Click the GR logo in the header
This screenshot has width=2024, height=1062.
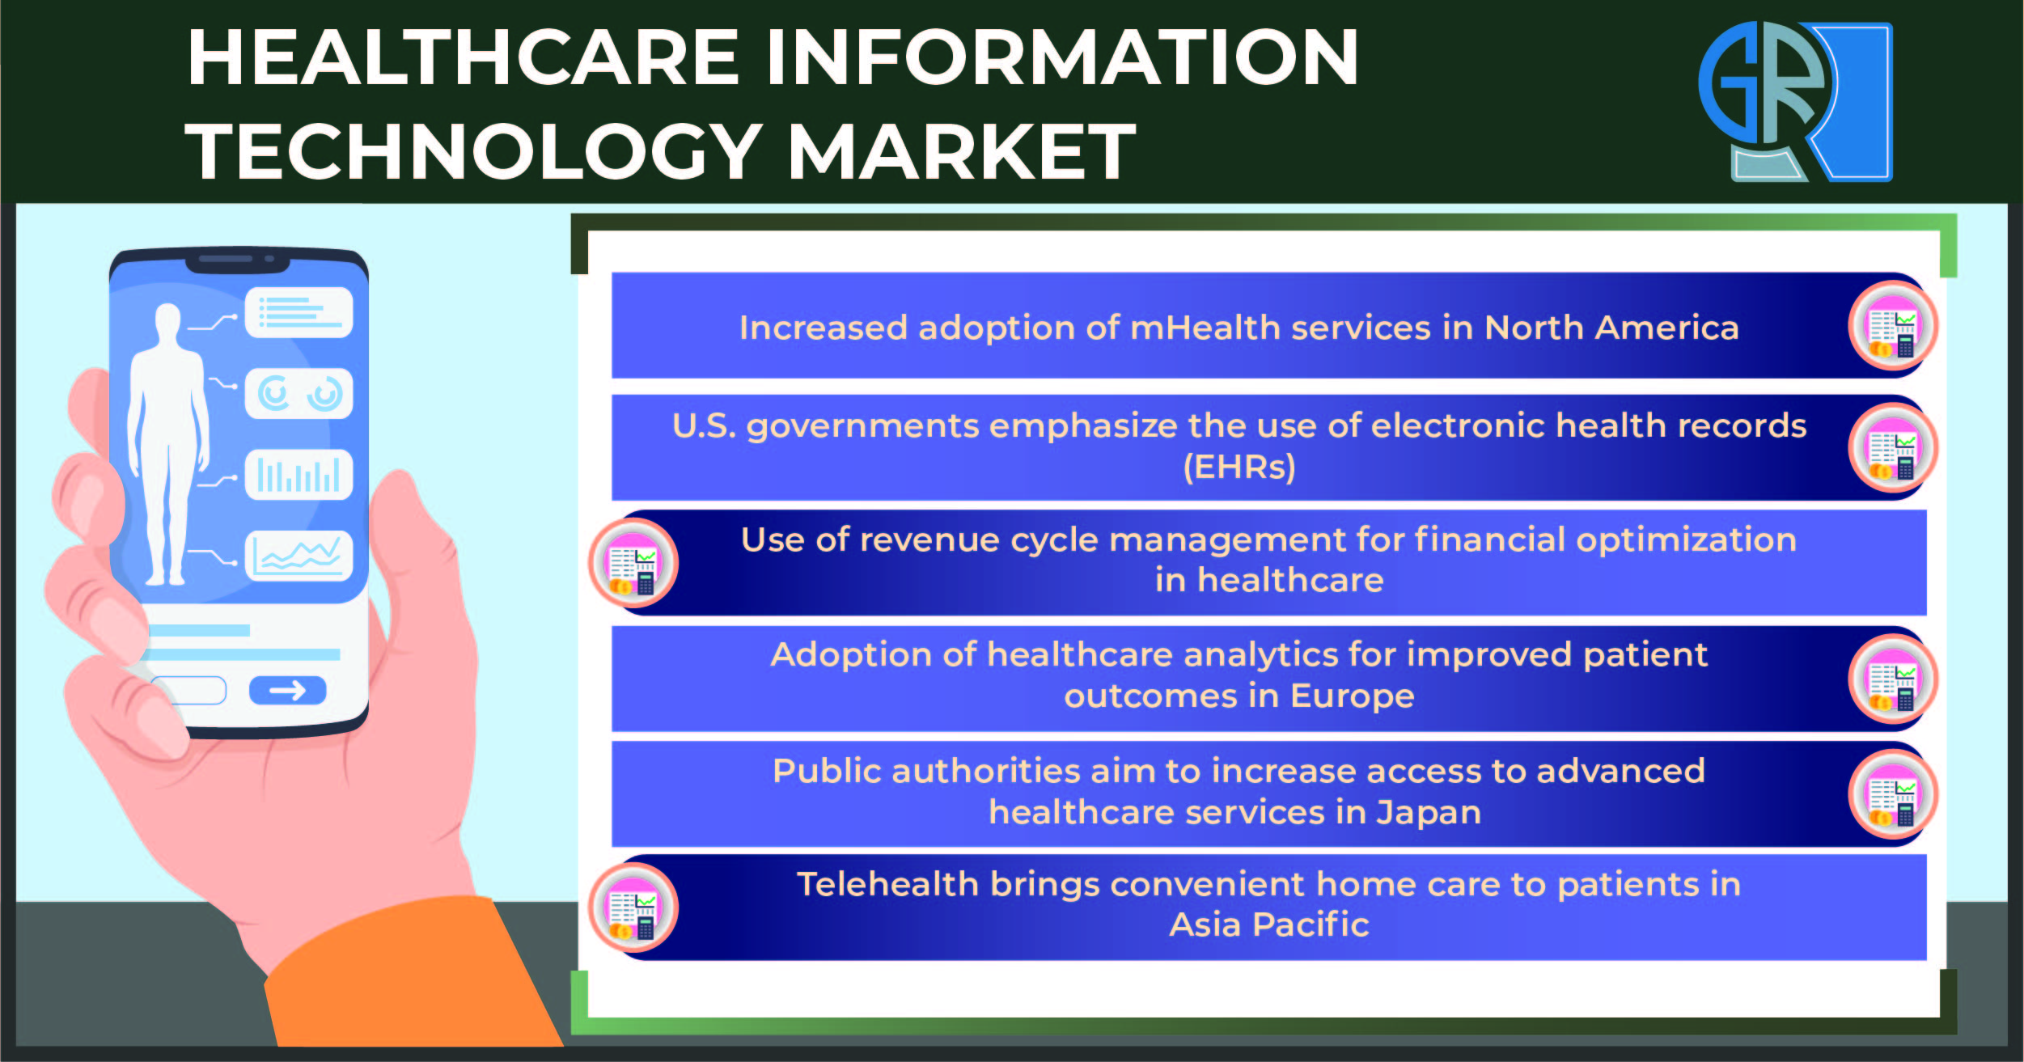click(1795, 102)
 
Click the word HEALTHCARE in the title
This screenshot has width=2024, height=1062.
click(464, 57)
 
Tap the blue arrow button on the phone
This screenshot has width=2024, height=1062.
click(287, 690)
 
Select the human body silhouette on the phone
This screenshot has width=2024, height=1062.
click(168, 444)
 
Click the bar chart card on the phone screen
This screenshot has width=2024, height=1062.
click(299, 475)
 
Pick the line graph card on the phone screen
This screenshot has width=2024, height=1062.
click(299, 556)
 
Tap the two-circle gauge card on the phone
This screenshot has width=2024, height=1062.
click(299, 394)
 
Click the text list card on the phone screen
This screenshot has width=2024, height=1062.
click(299, 312)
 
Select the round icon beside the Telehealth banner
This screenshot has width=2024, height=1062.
click(633, 908)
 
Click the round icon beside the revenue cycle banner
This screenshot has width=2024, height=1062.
click(633, 563)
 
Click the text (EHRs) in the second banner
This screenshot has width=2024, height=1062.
click(1239, 468)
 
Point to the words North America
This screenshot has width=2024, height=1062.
click(1611, 328)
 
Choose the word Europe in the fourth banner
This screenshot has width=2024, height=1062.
click(1353, 696)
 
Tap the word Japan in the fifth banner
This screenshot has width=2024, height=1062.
click(1429, 813)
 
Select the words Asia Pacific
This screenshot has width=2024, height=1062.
click(1269, 924)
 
